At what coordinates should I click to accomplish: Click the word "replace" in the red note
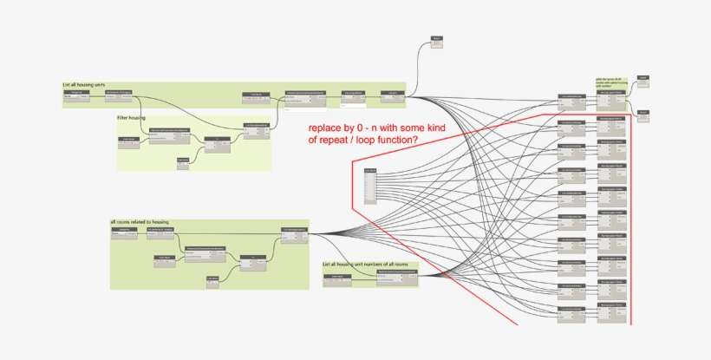tap(325, 128)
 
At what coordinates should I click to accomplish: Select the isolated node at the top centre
tap(437, 41)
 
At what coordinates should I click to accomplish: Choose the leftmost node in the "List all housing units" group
tap(77, 94)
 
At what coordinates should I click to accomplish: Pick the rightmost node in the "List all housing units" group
tap(392, 95)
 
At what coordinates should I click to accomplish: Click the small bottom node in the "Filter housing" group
tap(183, 162)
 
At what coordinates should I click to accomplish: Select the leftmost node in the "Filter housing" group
tap(128, 141)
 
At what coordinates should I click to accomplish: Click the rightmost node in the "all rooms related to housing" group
tap(295, 232)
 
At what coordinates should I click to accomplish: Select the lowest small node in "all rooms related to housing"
tap(212, 279)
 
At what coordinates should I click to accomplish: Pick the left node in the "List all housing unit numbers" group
tap(336, 277)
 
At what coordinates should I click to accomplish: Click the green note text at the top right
tap(610, 82)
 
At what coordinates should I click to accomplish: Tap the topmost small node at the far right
tap(643, 80)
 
